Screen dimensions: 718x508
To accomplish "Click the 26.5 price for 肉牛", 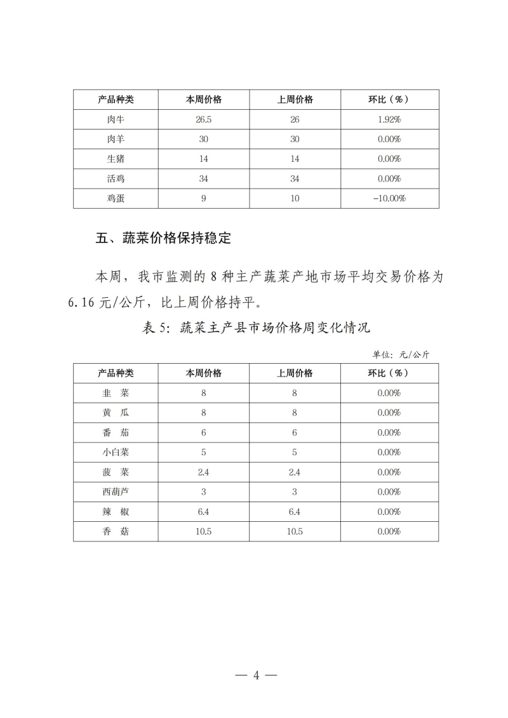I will [203, 119].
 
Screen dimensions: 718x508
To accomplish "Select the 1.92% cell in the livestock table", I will [389, 119].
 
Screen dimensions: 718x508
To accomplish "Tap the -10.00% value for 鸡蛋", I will [389, 199].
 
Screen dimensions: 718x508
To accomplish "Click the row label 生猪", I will [116, 159].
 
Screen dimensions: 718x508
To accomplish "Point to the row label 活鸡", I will [116, 179].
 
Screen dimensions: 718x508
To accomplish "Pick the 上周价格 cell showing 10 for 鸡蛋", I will [295, 199].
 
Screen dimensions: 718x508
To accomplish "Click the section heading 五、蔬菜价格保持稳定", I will [163, 239].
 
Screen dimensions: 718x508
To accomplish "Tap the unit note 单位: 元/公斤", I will [401, 354].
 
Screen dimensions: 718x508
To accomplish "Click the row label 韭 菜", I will [116, 393].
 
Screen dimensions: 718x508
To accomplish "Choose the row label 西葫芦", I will [116, 492].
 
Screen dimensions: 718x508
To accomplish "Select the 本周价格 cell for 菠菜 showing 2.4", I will [203, 472].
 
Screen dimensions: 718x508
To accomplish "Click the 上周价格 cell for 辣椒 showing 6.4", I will [295, 512].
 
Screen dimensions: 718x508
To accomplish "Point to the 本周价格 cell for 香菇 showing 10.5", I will [203, 531].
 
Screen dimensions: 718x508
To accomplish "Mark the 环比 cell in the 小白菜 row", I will [389, 452].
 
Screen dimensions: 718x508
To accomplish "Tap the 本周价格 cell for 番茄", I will [203, 432].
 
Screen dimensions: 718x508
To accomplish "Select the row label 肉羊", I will [116, 139].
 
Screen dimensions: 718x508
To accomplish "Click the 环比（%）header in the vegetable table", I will [389, 373].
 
